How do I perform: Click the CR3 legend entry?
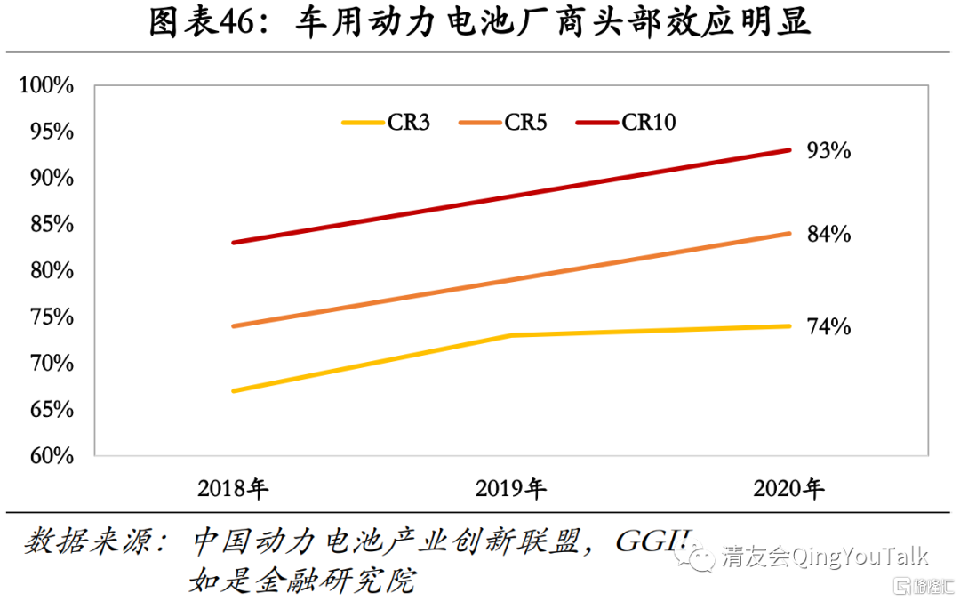click(x=386, y=123)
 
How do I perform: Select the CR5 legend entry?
click(x=502, y=123)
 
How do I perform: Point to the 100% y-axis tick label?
click(x=46, y=85)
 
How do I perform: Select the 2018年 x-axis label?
click(x=233, y=488)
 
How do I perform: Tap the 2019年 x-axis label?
click(x=511, y=488)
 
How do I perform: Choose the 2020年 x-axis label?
click(x=789, y=488)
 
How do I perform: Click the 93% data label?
click(x=828, y=151)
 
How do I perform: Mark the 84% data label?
click(x=828, y=235)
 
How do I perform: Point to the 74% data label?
click(x=828, y=327)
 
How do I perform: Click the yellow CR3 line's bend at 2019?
click(x=511, y=335)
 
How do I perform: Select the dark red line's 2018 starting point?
click(x=233, y=243)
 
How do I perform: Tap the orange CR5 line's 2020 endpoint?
click(x=789, y=234)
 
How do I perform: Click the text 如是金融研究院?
click(x=302, y=581)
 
